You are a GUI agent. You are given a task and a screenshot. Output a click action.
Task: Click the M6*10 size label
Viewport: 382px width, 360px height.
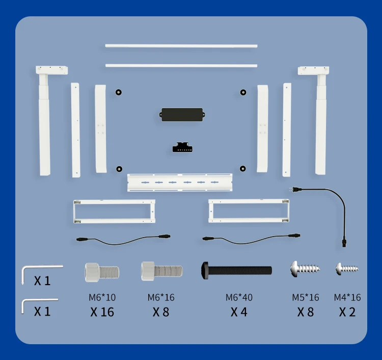click(x=102, y=297)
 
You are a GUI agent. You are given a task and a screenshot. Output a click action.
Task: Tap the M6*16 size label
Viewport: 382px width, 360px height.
click(x=161, y=297)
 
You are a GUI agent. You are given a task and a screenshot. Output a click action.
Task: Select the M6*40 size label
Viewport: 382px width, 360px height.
click(x=239, y=297)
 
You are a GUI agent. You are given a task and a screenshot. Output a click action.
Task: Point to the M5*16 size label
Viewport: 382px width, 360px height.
click(x=305, y=297)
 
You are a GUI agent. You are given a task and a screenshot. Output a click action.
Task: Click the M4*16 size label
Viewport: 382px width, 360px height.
click(x=347, y=297)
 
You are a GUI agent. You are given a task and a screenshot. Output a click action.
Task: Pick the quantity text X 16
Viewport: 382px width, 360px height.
click(x=102, y=312)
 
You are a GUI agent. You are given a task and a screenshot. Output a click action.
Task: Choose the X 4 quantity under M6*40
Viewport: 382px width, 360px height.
click(x=239, y=312)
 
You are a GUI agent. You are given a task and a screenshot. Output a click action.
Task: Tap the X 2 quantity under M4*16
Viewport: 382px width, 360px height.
click(x=347, y=312)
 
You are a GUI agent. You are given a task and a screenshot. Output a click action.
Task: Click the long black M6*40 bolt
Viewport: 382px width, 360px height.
click(x=237, y=269)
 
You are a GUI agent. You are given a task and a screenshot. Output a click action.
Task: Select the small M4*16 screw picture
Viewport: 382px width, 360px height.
click(x=347, y=268)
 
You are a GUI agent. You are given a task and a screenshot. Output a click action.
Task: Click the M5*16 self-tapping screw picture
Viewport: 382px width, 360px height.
click(x=305, y=268)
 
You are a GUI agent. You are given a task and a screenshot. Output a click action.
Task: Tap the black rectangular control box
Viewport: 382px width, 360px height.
click(x=183, y=114)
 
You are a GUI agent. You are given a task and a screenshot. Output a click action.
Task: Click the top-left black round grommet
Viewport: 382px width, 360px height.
click(x=118, y=92)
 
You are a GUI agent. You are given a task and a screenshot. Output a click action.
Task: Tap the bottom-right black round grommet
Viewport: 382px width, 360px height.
click(x=243, y=169)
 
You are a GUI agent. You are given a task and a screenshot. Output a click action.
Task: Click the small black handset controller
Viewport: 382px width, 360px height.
click(x=183, y=147)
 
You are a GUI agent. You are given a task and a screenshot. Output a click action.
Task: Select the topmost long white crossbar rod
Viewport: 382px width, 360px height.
click(x=181, y=46)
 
